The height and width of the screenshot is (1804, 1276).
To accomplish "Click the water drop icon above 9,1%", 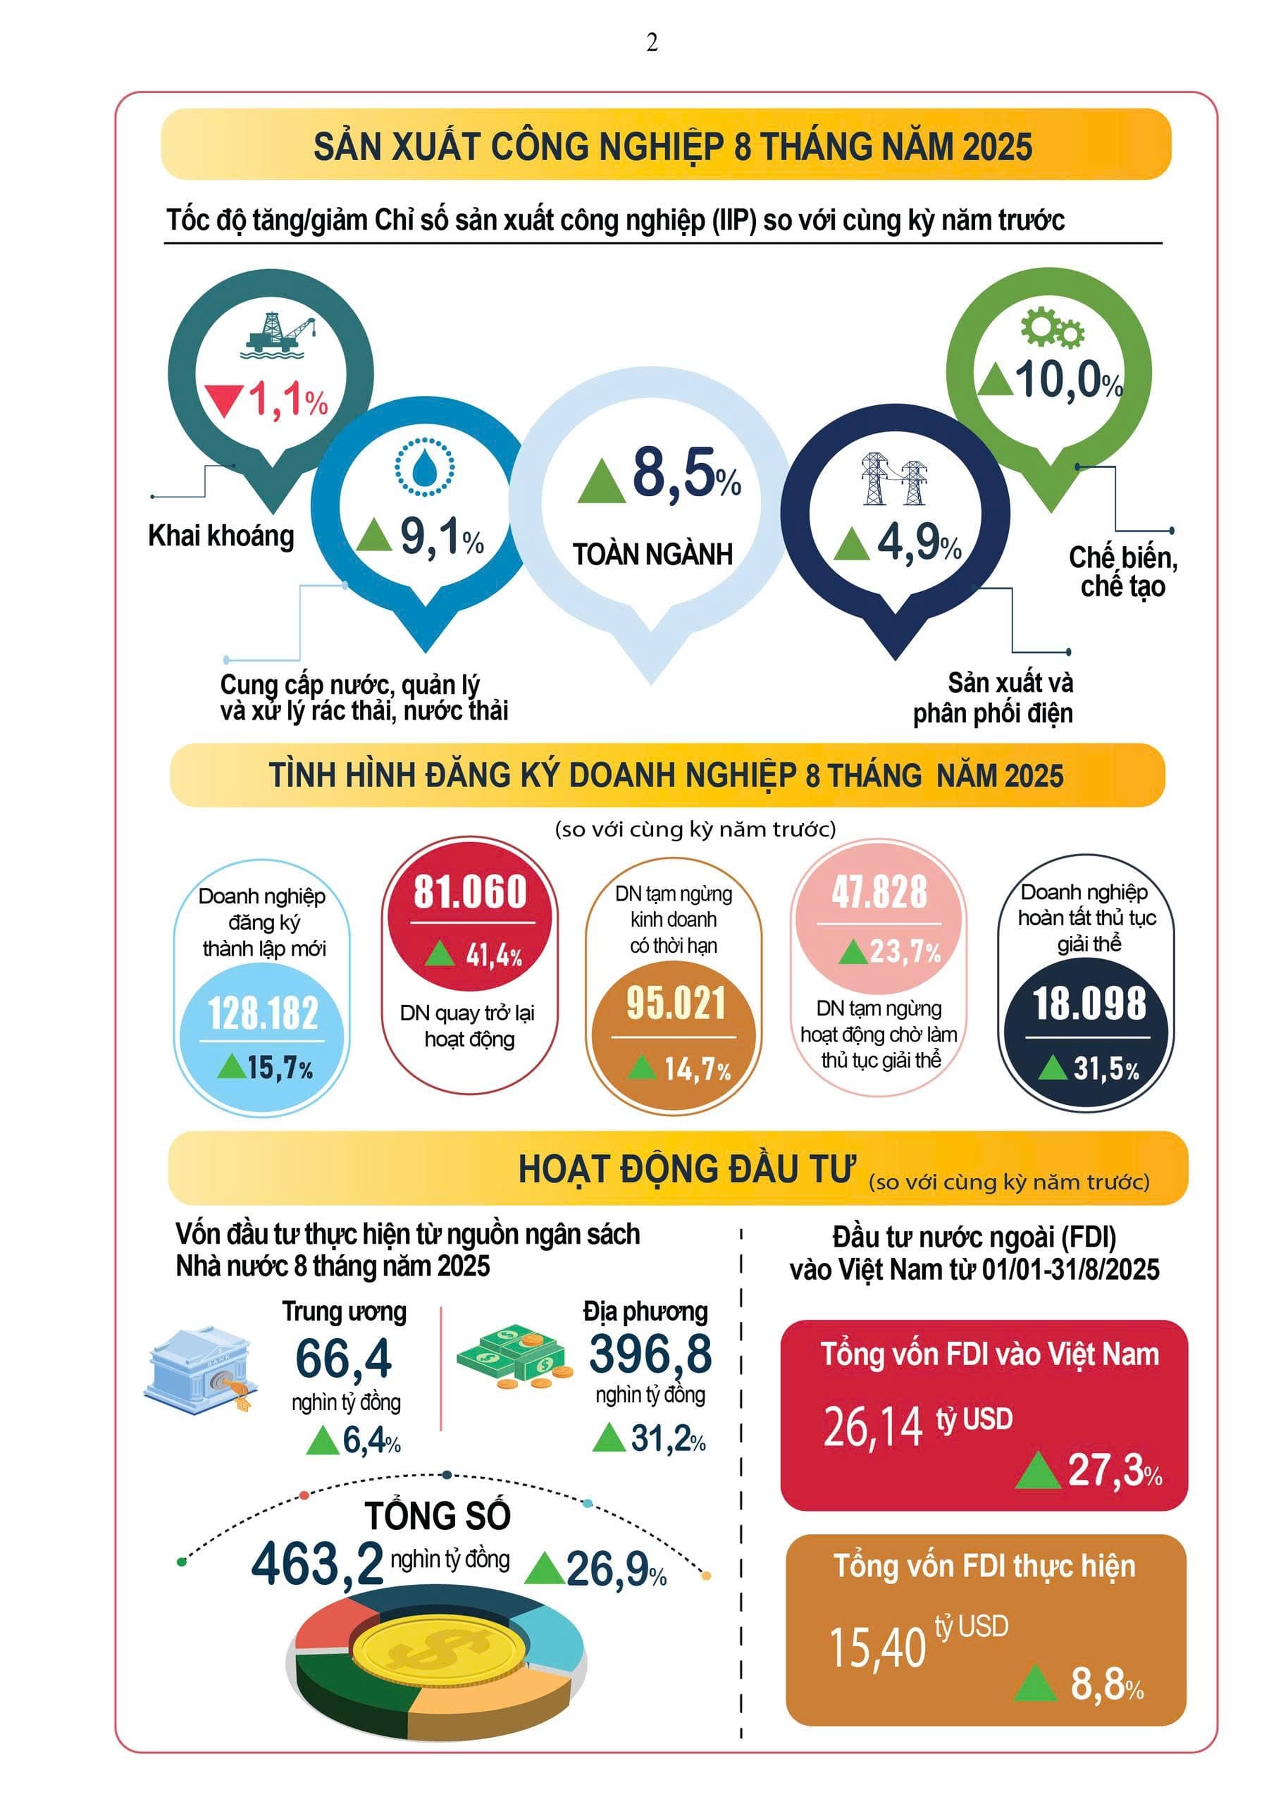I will [424, 467].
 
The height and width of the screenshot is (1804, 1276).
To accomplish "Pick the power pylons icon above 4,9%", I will [893, 478].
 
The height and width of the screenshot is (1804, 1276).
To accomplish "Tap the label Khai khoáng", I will [221, 536].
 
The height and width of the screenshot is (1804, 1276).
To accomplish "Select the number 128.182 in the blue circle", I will [264, 1013].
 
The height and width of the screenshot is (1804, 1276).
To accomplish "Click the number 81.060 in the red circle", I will [470, 892].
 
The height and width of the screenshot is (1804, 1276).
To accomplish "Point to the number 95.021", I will [676, 1004].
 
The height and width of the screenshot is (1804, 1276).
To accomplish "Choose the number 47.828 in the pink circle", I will [879, 893].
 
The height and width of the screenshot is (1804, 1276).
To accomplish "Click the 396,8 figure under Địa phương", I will [650, 1354].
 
